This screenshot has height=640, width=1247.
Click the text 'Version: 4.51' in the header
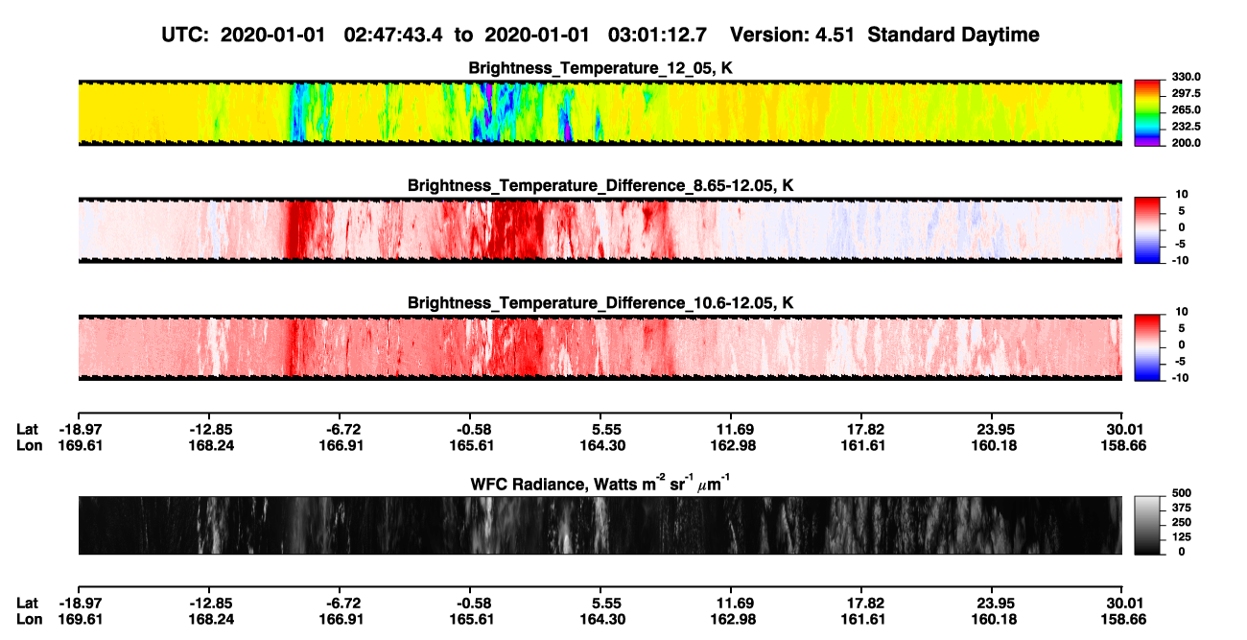tap(791, 35)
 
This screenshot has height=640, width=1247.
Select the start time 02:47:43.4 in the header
tap(393, 35)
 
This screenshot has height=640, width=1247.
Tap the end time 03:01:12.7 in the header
tap(657, 35)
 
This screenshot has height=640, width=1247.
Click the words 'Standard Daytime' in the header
tap(953, 35)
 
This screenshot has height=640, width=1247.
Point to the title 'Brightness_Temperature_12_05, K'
tap(600, 68)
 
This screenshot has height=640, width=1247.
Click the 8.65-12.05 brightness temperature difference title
tap(600, 185)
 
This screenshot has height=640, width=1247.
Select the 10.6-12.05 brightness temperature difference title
tap(600, 303)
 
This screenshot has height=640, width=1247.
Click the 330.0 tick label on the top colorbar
tap(1186, 77)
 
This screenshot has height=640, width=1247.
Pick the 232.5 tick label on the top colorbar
tap(1186, 127)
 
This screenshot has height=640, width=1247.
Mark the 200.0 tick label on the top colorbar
tap(1186, 143)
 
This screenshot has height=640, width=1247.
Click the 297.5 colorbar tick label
tap(1186, 94)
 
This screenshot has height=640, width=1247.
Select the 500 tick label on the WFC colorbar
tap(1182, 493)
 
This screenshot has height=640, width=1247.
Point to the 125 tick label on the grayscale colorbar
tap(1182, 537)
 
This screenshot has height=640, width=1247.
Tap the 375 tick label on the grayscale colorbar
tap(1182, 508)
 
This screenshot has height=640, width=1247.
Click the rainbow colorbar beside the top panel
tap(1147, 113)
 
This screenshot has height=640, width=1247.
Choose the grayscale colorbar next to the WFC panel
tap(1147, 525)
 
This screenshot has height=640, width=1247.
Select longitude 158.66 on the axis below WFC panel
tap(1123, 620)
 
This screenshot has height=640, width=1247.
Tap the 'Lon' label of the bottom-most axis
tap(29, 620)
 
